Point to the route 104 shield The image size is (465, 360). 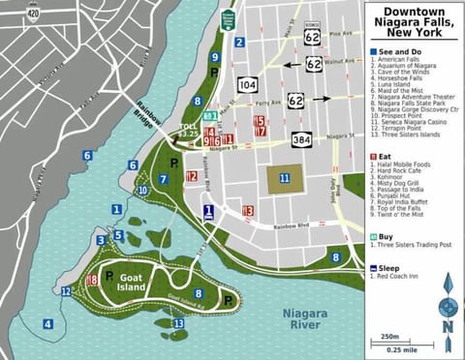point(248,84)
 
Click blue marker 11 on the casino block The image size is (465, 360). point(284,178)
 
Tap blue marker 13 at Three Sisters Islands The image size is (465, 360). point(177,323)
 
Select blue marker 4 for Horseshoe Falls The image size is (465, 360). point(46,324)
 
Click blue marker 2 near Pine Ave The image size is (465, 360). point(239,42)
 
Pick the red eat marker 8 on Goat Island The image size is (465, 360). point(92,281)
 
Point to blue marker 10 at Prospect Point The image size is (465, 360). point(142,191)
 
